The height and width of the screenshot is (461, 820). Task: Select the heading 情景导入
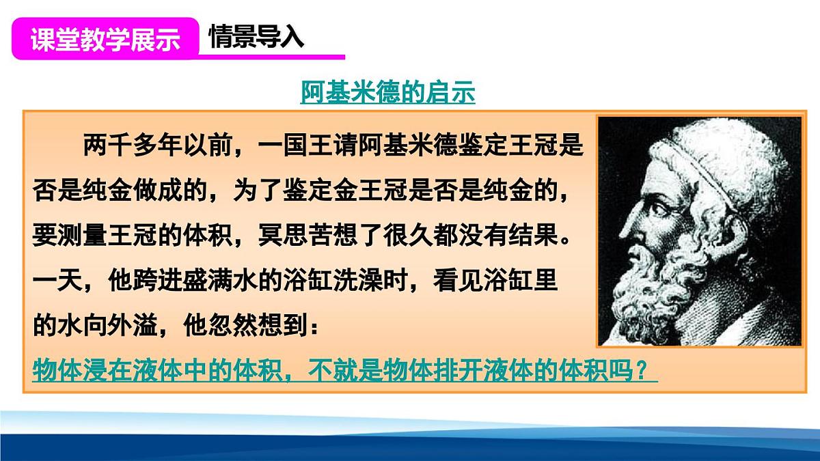point(256,38)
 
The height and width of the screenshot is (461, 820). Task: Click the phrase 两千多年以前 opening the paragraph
point(160,145)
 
